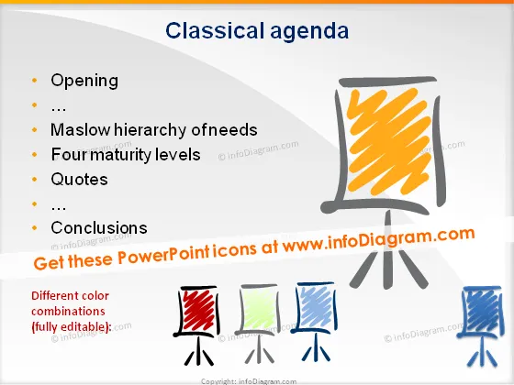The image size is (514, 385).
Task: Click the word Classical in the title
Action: (x=215, y=31)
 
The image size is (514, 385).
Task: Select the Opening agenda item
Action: (x=84, y=82)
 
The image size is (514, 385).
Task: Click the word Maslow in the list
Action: (x=81, y=129)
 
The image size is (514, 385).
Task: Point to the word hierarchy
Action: (x=151, y=131)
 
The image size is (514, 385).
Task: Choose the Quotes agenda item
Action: (x=79, y=180)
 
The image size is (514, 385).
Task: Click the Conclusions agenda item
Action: (x=99, y=228)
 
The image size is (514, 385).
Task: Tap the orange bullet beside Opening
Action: (x=35, y=81)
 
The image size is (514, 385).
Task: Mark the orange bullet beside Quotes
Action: (x=35, y=179)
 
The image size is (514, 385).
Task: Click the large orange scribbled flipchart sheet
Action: (x=389, y=141)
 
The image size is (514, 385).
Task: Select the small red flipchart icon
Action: (x=197, y=324)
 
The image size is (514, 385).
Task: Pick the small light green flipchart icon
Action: (x=259, y=323)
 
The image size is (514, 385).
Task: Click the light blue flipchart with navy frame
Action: (x=314, y=321)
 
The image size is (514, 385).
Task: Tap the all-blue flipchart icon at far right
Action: (x=481, y=325)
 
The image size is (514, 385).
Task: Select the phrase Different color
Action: (x=70, y=295)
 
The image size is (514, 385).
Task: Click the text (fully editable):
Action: (x=72, y=326)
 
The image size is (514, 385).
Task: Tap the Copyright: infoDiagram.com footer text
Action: (x=249, y=381)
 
